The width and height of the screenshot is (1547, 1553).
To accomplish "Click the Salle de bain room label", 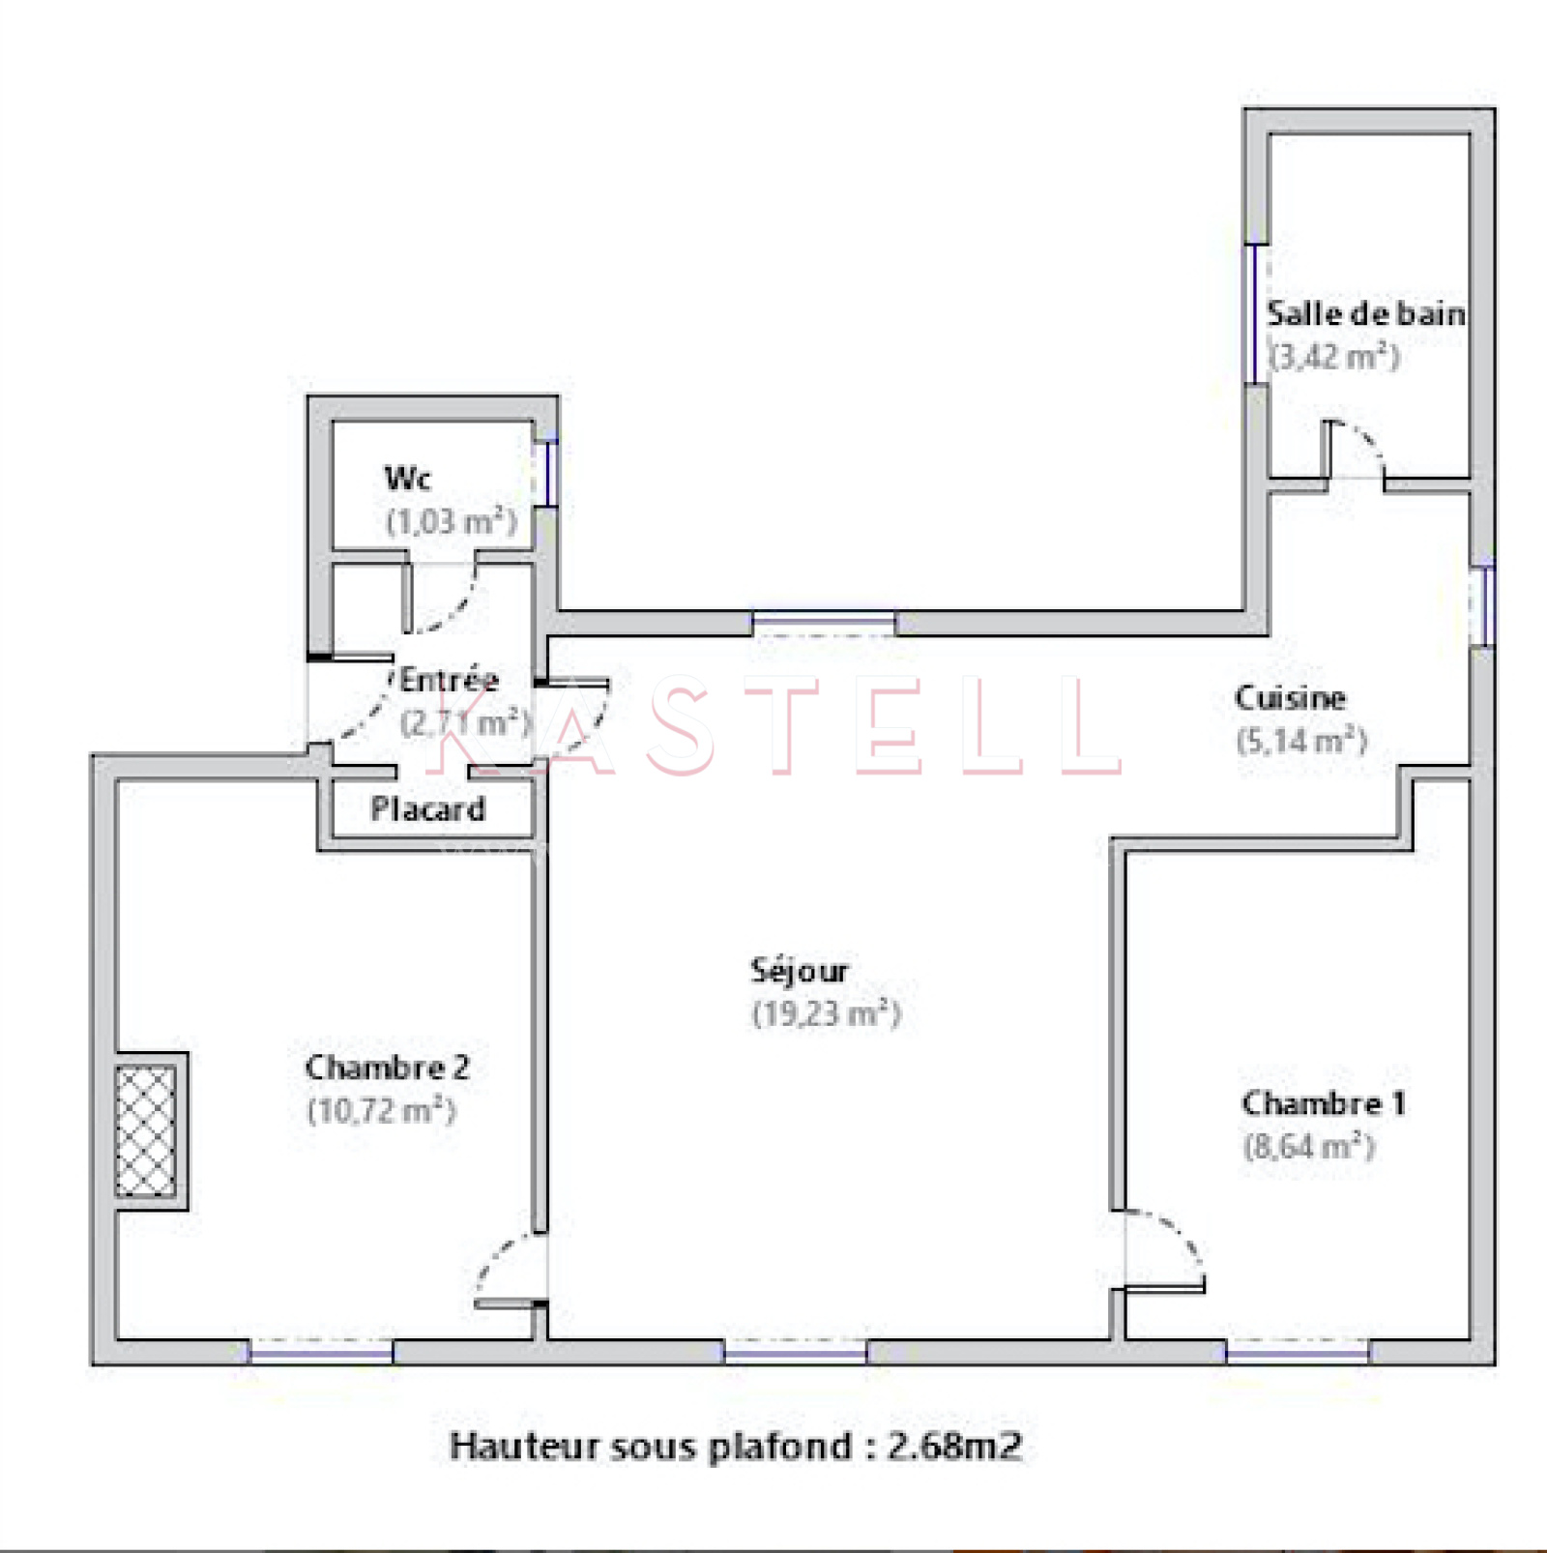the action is pos(1365,314).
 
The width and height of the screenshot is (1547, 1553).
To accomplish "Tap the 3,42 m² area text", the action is pos(1334,357).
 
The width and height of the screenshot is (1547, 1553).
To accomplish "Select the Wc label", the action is pos(408,478).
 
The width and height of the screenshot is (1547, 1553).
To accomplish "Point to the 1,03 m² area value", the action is pos(452,521).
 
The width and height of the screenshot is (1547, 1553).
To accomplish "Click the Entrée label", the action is pos(449,679).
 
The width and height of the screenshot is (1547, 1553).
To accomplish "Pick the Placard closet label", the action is pos(427,808).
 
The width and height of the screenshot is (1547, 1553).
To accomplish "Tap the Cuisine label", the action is pos(1290,697).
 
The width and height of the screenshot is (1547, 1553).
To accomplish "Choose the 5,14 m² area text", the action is pos(1301,741).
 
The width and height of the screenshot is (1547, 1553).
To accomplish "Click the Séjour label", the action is pos(800,971).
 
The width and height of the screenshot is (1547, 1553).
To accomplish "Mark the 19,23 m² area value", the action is pos(827,1013).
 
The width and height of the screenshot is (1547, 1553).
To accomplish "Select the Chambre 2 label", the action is pos(387,1068).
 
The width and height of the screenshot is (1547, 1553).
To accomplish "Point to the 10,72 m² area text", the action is pos(381,1110).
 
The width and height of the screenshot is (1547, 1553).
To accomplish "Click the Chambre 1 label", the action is pos(1324,1103).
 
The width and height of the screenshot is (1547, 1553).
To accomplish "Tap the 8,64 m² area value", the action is pos(1309,1147).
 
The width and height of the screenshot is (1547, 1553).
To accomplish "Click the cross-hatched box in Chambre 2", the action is pos(146,1130).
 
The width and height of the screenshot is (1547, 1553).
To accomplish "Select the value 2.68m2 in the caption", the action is pos(954,1447).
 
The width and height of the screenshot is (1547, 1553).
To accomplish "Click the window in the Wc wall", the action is pos(546,473).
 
